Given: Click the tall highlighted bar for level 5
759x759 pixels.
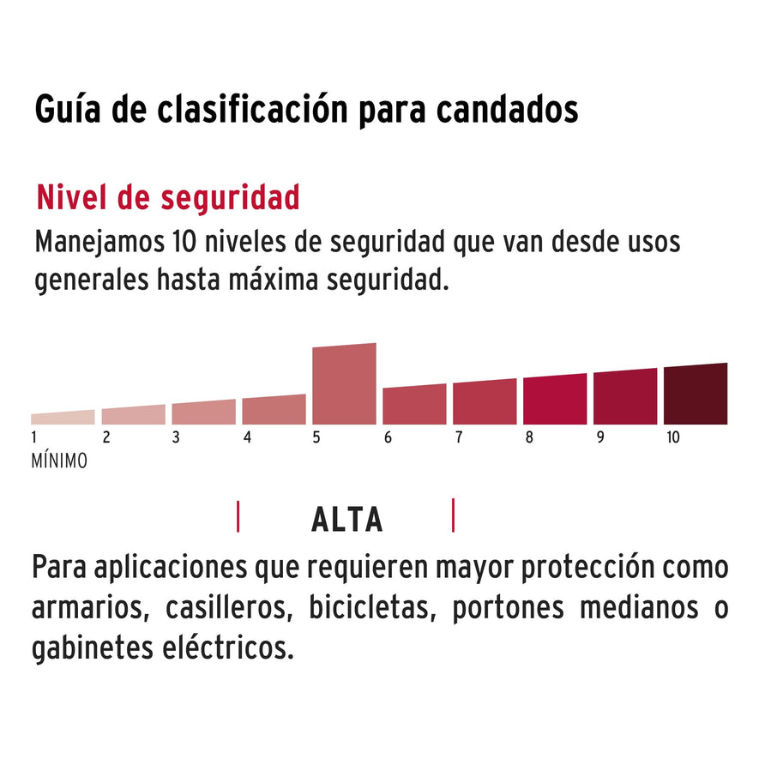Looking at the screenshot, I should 344,384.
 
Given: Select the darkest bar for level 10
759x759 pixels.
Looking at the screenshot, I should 695,395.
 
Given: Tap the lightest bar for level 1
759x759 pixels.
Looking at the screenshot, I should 63,418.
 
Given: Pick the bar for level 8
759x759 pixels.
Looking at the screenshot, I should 555,401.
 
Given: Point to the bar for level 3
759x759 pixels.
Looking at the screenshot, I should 203,413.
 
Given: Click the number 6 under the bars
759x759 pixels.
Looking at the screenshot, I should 388,437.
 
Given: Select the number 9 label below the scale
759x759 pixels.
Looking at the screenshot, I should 599,437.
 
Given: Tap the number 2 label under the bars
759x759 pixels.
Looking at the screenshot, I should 106,437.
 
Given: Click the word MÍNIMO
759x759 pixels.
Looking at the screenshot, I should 59,461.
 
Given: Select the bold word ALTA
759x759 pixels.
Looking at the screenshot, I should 346,520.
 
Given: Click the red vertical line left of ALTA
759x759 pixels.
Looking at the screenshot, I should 238,517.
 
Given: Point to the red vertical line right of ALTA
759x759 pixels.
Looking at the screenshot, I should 453,515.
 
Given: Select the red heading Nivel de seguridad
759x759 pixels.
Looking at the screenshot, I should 168,197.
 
